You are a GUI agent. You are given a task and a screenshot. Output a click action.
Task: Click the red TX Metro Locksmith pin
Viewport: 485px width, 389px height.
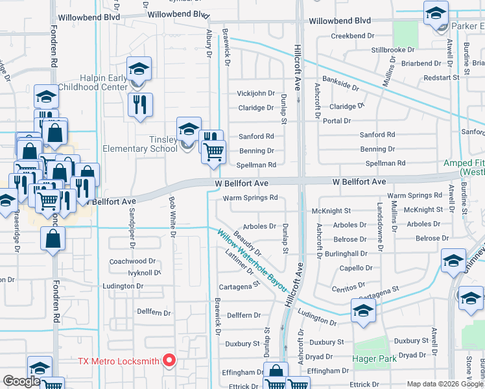point(169,360)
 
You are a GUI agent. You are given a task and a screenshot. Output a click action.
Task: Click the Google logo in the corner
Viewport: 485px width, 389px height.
point(21,381)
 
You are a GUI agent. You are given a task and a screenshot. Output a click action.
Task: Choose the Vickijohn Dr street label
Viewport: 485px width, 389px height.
point(255,93)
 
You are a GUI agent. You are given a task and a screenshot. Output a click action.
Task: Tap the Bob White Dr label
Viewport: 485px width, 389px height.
point(172,217)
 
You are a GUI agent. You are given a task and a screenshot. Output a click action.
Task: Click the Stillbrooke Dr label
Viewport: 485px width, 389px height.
point(392,50)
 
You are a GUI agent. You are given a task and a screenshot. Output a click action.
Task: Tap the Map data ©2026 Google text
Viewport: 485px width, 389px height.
point(444,384)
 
